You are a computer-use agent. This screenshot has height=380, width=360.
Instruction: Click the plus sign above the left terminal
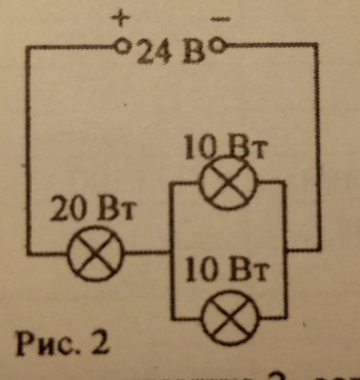point(120,19)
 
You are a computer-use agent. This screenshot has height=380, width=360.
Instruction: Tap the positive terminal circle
point(121,47)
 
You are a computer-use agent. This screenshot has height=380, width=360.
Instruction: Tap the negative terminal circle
point(218,46)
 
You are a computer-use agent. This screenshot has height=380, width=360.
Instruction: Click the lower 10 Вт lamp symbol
point(231,318)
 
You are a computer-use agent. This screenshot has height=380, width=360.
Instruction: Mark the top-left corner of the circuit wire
point(28,47)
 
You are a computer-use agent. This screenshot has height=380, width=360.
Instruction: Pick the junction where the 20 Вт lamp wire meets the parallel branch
point(171,252)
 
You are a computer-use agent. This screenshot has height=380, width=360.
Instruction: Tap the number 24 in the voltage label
point(151,53)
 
